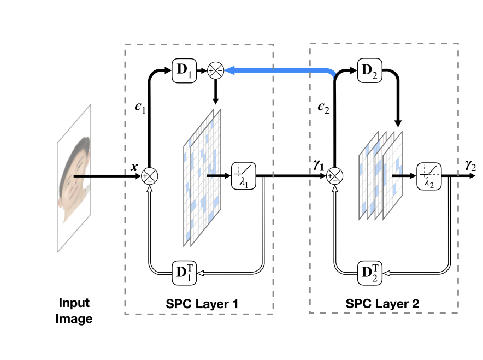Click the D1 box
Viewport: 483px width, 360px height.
point(184,70)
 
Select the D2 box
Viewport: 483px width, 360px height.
point(369,70)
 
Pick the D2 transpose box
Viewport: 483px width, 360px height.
point(369,271)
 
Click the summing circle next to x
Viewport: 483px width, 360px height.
point(149,176)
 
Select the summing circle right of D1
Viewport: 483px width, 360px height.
point(215,70)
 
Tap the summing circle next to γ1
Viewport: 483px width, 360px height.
point(334,176)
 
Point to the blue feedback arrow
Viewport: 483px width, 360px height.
point(279,70)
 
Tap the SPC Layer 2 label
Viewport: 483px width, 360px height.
point(383,302)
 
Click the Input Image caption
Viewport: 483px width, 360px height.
point(74,310)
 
